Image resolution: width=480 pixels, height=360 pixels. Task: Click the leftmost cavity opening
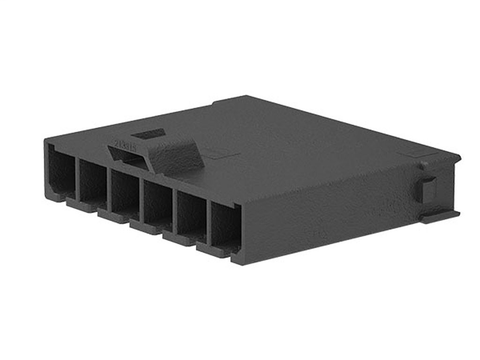tap(61, 171)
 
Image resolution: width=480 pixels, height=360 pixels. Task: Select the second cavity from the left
tap(92, 181)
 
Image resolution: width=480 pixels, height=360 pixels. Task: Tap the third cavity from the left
tap(124, 192)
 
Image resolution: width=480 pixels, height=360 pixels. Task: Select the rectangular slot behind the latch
tap(148, 133)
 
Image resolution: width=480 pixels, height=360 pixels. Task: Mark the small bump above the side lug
tap(423, 163)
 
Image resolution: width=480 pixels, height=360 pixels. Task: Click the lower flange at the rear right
tap(438, 216)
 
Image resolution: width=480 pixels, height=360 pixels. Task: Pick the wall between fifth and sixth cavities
tap(206, 221)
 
